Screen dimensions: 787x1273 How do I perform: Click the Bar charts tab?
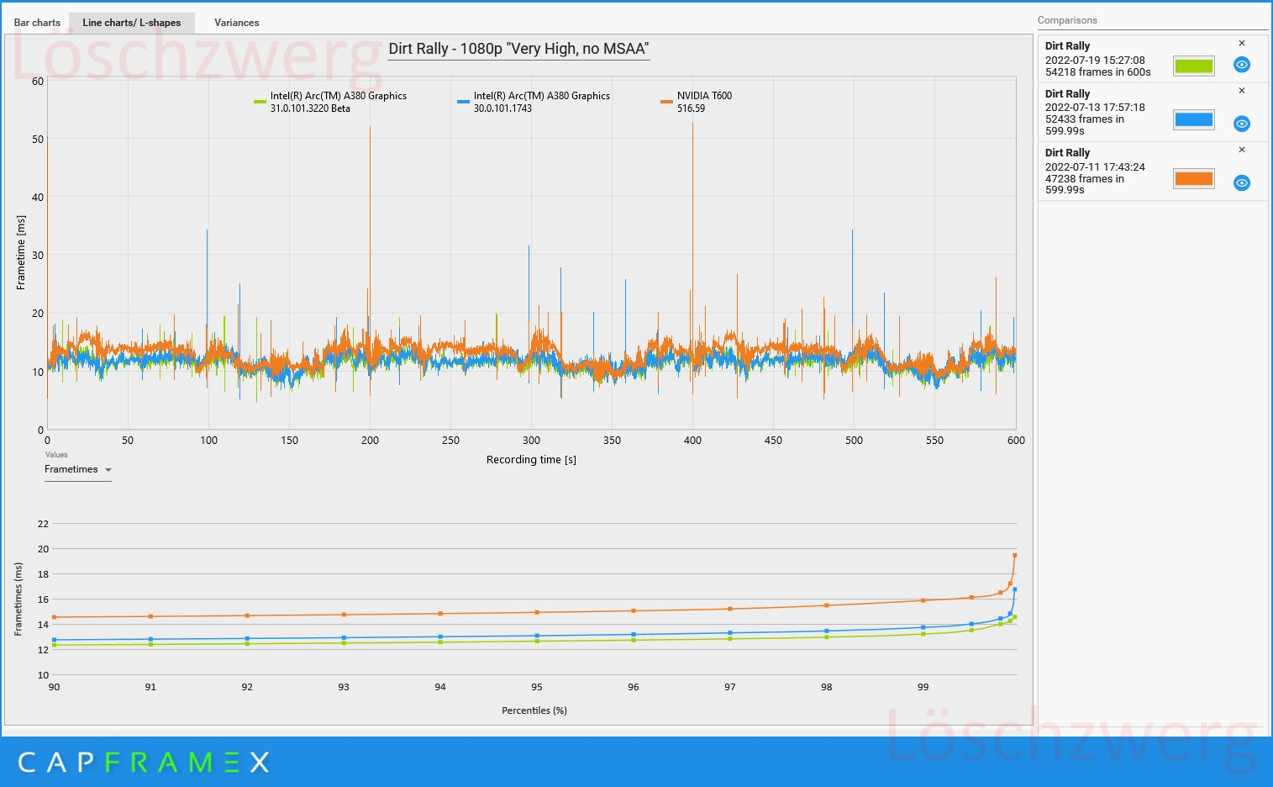coord(37,23)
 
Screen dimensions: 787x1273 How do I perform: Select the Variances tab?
coord(236,23)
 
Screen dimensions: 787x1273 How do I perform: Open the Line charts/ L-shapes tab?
coord(132,23)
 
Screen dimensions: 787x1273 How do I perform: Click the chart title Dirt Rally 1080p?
coord(518,49)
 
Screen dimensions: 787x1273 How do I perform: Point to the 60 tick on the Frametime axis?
coord(38,82)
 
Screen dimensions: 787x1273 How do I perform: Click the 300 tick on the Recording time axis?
coord(531,440)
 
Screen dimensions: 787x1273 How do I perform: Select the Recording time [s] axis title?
coord(531,459)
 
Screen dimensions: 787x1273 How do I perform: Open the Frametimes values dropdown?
coord(77,469)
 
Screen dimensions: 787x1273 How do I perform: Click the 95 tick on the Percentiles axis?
coord(537,687)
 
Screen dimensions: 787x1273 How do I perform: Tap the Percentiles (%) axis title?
coord(534,710)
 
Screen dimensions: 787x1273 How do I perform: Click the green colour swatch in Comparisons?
coord(1193,66)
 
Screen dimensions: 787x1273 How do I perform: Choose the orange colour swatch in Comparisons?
coord(1193,178)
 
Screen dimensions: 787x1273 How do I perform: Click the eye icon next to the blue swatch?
coord(1242,124)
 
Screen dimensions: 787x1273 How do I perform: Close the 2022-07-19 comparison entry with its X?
coord(1242,43)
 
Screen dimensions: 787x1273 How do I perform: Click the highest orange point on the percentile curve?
coord(1015,555)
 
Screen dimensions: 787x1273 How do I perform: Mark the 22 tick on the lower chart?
coord(43,524)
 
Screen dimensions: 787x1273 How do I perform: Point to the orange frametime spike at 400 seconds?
coord(692,126)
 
